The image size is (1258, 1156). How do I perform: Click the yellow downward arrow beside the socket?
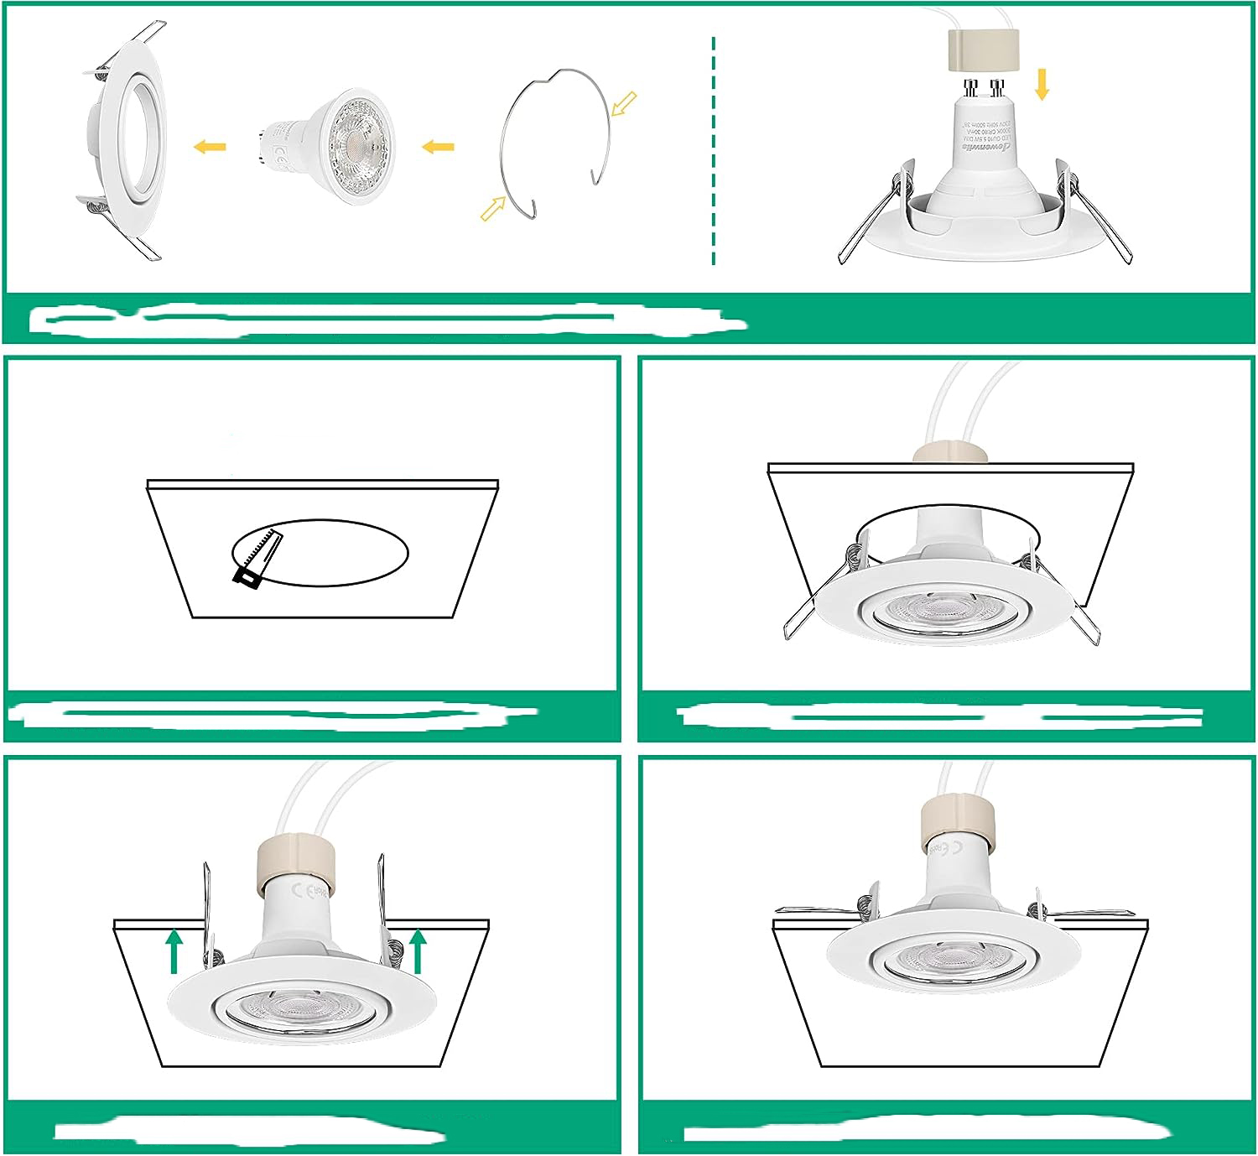coord(1042,85)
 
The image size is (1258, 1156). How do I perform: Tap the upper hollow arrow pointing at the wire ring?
coord(625,103)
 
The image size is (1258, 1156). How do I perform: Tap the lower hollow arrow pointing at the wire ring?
coord(493,208)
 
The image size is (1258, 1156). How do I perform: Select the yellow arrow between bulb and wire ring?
coord(438,147)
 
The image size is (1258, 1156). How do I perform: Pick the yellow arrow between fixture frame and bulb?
coord(210,147)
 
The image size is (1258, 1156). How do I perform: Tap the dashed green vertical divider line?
coord(714,151)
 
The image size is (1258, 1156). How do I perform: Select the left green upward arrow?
coord(174,950)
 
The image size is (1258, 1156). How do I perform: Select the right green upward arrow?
coord(418,950)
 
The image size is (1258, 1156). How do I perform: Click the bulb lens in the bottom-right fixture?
coord(953,961)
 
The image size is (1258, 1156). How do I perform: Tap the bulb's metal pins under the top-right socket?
coord(984,87)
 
